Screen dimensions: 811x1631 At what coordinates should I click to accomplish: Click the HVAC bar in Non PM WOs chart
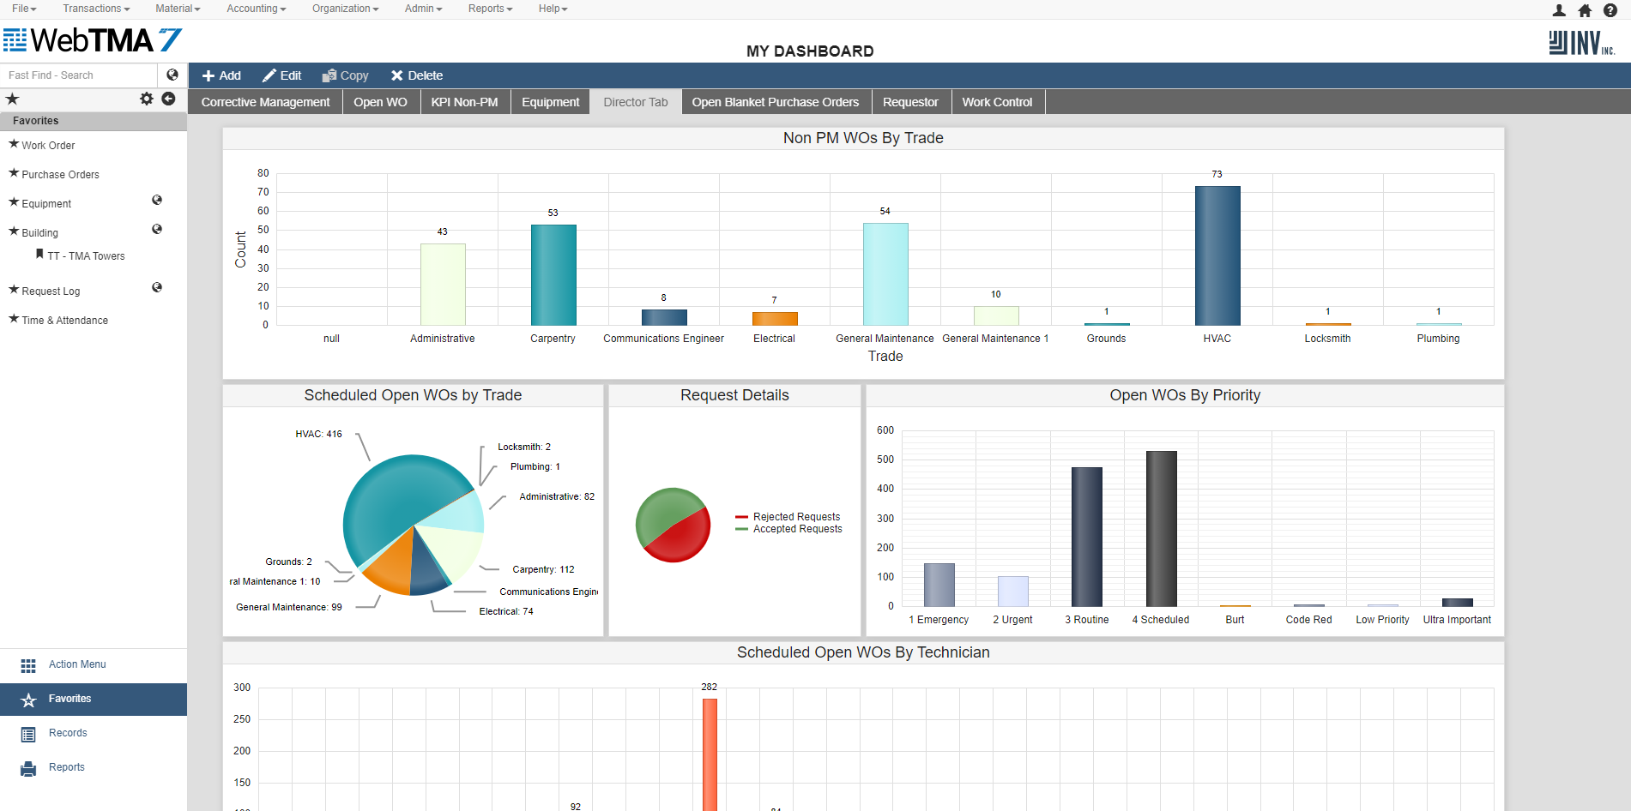(1217, 255)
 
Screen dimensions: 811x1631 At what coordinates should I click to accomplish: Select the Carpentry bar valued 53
(553, 274)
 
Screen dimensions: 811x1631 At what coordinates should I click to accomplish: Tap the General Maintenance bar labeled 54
(885, 273)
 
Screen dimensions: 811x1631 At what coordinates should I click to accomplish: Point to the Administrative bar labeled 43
(443, 284)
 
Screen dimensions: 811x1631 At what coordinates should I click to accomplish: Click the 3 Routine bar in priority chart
(1086, 536)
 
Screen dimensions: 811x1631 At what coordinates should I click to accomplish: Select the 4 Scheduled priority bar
(1161, 528)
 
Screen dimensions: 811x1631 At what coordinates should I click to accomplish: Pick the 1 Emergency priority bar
(939, 585)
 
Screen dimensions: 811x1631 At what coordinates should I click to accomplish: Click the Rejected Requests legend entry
(796, 517)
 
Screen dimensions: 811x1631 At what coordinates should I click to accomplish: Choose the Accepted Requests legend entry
(797, 529)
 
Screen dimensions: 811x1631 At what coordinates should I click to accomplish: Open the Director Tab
(635, 102)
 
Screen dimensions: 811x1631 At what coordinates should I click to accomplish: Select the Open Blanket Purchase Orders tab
(775, 102)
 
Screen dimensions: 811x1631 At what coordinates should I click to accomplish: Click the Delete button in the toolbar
(417, 75)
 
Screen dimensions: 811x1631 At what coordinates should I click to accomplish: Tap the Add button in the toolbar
(221, 75)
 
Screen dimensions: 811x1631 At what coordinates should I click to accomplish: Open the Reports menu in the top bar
(490, 9)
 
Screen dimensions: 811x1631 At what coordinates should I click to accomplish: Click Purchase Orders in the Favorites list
(60, 175)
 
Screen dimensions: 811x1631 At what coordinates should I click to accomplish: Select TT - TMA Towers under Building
(86, 256)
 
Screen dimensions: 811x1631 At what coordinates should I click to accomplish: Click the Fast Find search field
(79, 75)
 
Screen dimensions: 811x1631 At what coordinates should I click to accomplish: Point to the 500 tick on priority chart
(885, 460)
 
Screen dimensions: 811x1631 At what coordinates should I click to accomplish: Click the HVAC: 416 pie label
(318, 434)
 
